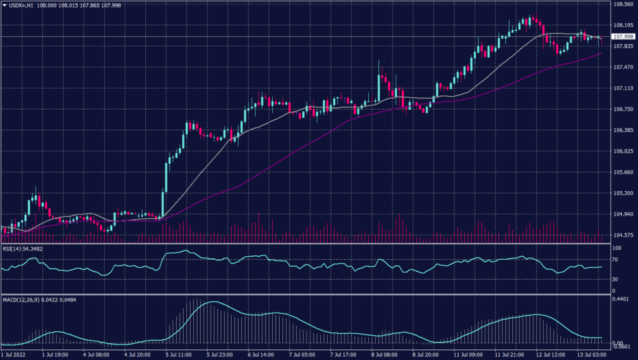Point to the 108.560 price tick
[624, 4]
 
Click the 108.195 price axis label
[624, 25]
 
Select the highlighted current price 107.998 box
[624, 37]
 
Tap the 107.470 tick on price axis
[624, 67]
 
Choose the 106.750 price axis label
[624, 109]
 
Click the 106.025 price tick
[624, 151]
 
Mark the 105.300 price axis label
[624, 193]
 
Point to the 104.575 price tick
[624, 235]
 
